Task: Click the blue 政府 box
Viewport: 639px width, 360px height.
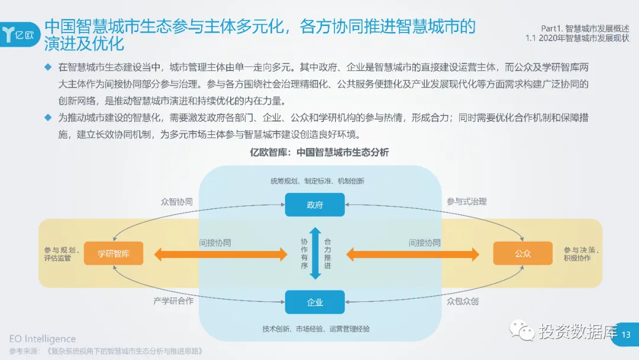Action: tap(315, 205)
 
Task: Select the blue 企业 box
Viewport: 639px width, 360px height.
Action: tap(315, 302)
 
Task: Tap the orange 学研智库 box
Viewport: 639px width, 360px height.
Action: tap(114, 254)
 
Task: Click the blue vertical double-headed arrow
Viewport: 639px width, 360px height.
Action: tap(315, 253)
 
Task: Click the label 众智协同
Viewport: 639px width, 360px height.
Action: tap(176, 202)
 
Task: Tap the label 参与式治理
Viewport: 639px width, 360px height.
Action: tap(466, 201)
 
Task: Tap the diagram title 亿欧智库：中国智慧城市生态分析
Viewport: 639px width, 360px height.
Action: tap(319, 153)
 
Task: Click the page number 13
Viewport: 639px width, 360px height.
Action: tap(627, 335)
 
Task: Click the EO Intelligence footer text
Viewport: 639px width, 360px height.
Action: tap(43, 339)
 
